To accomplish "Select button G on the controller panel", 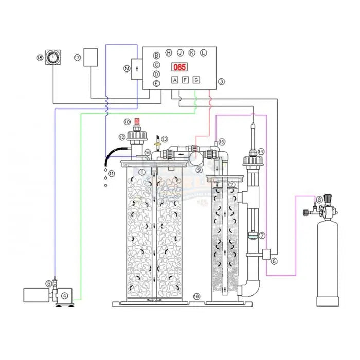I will tap(196, 80).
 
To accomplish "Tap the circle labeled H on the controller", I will tap(169, 52).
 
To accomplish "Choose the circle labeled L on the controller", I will tap(203, 52).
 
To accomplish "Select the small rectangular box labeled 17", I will tap(91, 57).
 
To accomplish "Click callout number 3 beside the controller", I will tap(221, 81).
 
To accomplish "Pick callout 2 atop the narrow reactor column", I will tap(232, 185).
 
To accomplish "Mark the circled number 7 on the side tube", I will tap(262, 236).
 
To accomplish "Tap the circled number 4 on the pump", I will tap(64, 296).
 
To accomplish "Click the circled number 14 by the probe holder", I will tap(261, 151).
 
